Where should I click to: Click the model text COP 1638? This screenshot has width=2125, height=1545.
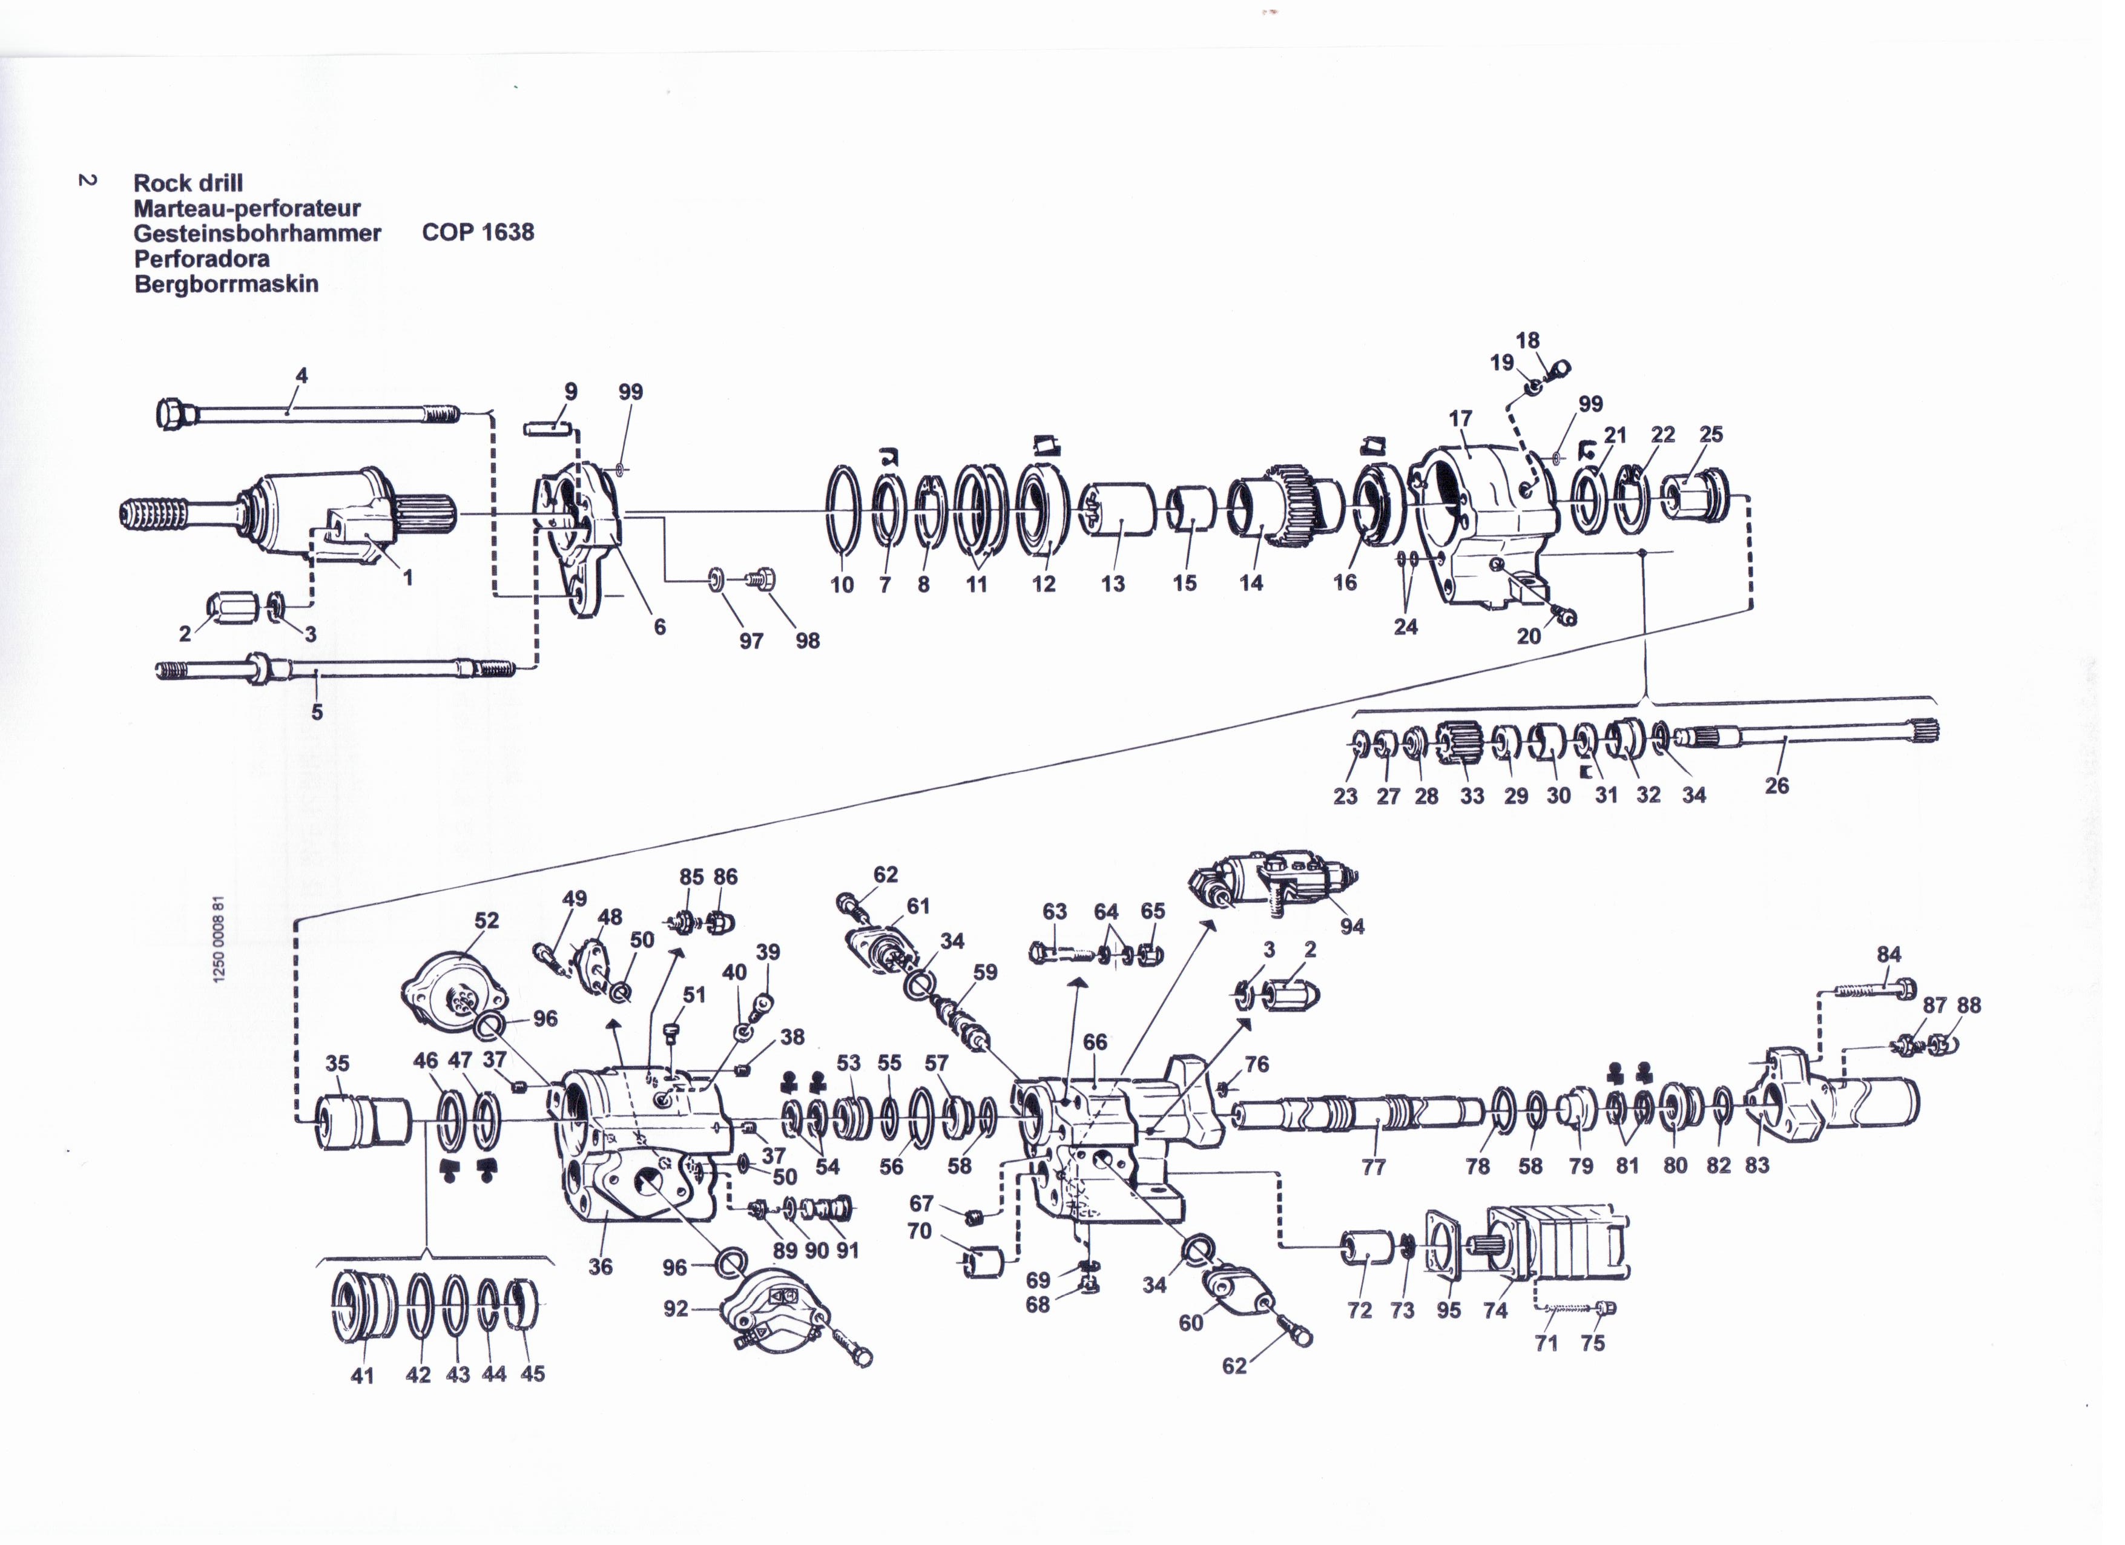pyautogui.click(x=478, y=232)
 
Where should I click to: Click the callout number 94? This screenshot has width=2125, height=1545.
pyautogui.click(x=1352, y=927)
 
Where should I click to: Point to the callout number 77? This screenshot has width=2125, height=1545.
pyautogui.click(x=1374, y=1167)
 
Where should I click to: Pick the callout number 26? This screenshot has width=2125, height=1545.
pyautogui.click(x=1776, y=785)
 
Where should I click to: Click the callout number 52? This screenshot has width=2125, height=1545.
pyautogui.click(x=486, y=920)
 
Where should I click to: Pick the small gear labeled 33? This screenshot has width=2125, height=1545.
pyautogui.click(x=1461, y=746)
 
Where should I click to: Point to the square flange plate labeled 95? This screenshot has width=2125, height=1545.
pyautogui.click(x=1445, y=1244)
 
